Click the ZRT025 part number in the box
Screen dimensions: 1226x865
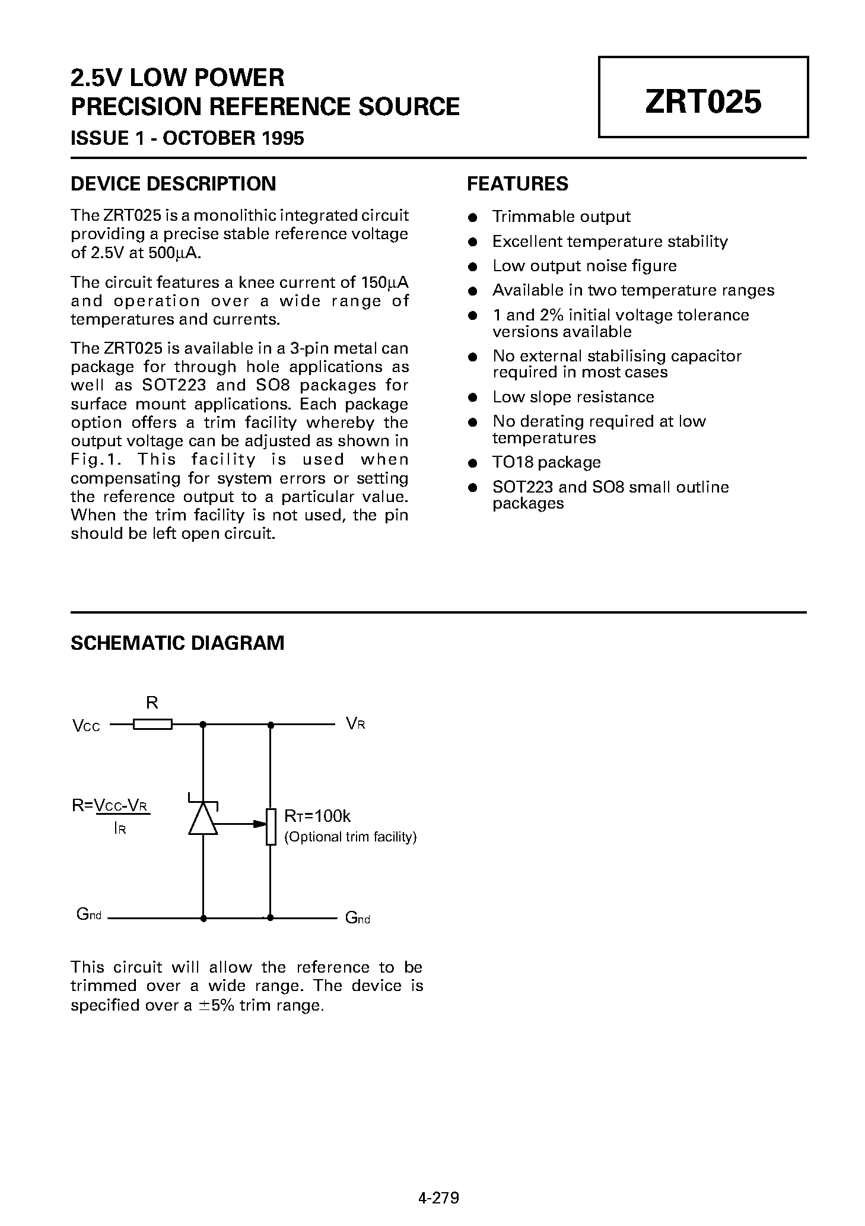(x=702, y=101)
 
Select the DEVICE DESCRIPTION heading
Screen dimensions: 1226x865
(x=173, y=184)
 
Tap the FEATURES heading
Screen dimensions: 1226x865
(x=517, y=184)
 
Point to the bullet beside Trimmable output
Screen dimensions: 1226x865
(x=473, y=218)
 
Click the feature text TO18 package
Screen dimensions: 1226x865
(x=546, y=462)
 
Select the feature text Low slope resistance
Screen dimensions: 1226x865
(x=573, y=397)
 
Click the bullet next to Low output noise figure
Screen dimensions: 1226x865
(x=473, y=267)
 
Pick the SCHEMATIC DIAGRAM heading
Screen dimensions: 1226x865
(x=177, y=643)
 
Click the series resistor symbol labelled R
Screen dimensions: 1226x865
(x=152, y=724)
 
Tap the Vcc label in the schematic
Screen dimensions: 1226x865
(x=86, y=726)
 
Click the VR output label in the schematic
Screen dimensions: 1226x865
(x=355, y=723)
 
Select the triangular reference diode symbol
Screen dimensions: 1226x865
(x=203, y=820)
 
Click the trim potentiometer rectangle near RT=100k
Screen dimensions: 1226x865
(x=271, y=825)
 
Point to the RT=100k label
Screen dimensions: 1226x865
(x=317, y=817)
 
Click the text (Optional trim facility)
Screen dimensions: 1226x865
(x=351, y=837)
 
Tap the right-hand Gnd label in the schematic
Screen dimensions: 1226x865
(x=357, y=918)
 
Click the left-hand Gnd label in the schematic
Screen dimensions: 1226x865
(x=89, y=914)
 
